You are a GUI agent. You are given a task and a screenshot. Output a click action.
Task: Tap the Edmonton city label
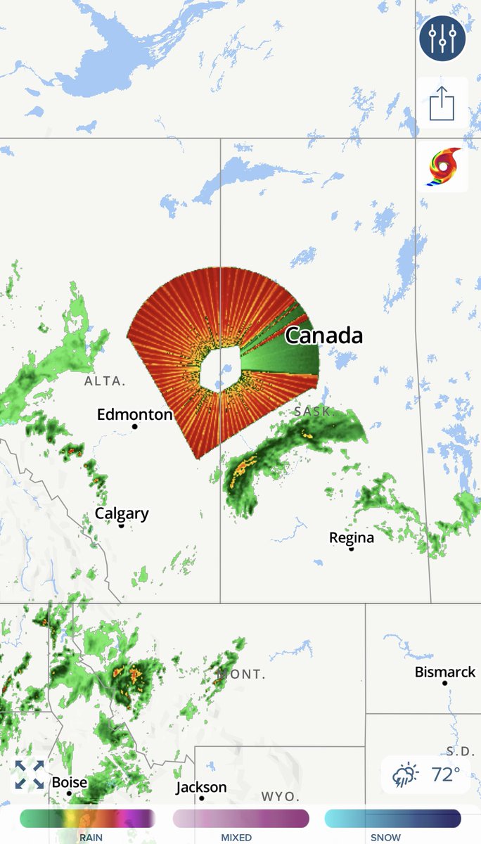coord(134,414)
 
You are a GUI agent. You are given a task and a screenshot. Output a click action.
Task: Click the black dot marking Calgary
coord(121,525)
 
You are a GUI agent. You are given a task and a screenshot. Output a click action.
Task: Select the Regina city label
coord(352,538)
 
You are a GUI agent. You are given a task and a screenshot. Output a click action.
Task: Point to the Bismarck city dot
coord(444,683)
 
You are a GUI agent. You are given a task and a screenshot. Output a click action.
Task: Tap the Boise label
coord(70,782)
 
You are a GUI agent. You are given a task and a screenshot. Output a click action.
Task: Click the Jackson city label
coord(201,787)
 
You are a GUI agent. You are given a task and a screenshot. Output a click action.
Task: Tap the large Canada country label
coord(323,335)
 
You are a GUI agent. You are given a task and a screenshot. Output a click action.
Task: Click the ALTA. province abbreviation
coord(105,381)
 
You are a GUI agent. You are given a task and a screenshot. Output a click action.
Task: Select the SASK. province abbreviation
coord(313,411)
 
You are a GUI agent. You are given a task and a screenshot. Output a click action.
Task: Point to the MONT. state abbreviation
coord(242,674)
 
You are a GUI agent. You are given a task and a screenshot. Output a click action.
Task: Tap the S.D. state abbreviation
coord(461,751)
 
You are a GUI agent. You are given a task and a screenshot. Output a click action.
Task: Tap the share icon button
coord(442,104)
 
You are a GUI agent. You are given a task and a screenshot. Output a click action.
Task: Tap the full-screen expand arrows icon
coord(30,774)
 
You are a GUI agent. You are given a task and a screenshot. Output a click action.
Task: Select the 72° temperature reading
coord(445,774)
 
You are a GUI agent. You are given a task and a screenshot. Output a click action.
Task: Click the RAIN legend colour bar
coord(87,819)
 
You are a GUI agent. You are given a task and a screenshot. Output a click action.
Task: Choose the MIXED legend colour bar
coord(240,819)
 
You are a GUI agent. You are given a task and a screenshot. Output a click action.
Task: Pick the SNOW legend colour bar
coord(392,819)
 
